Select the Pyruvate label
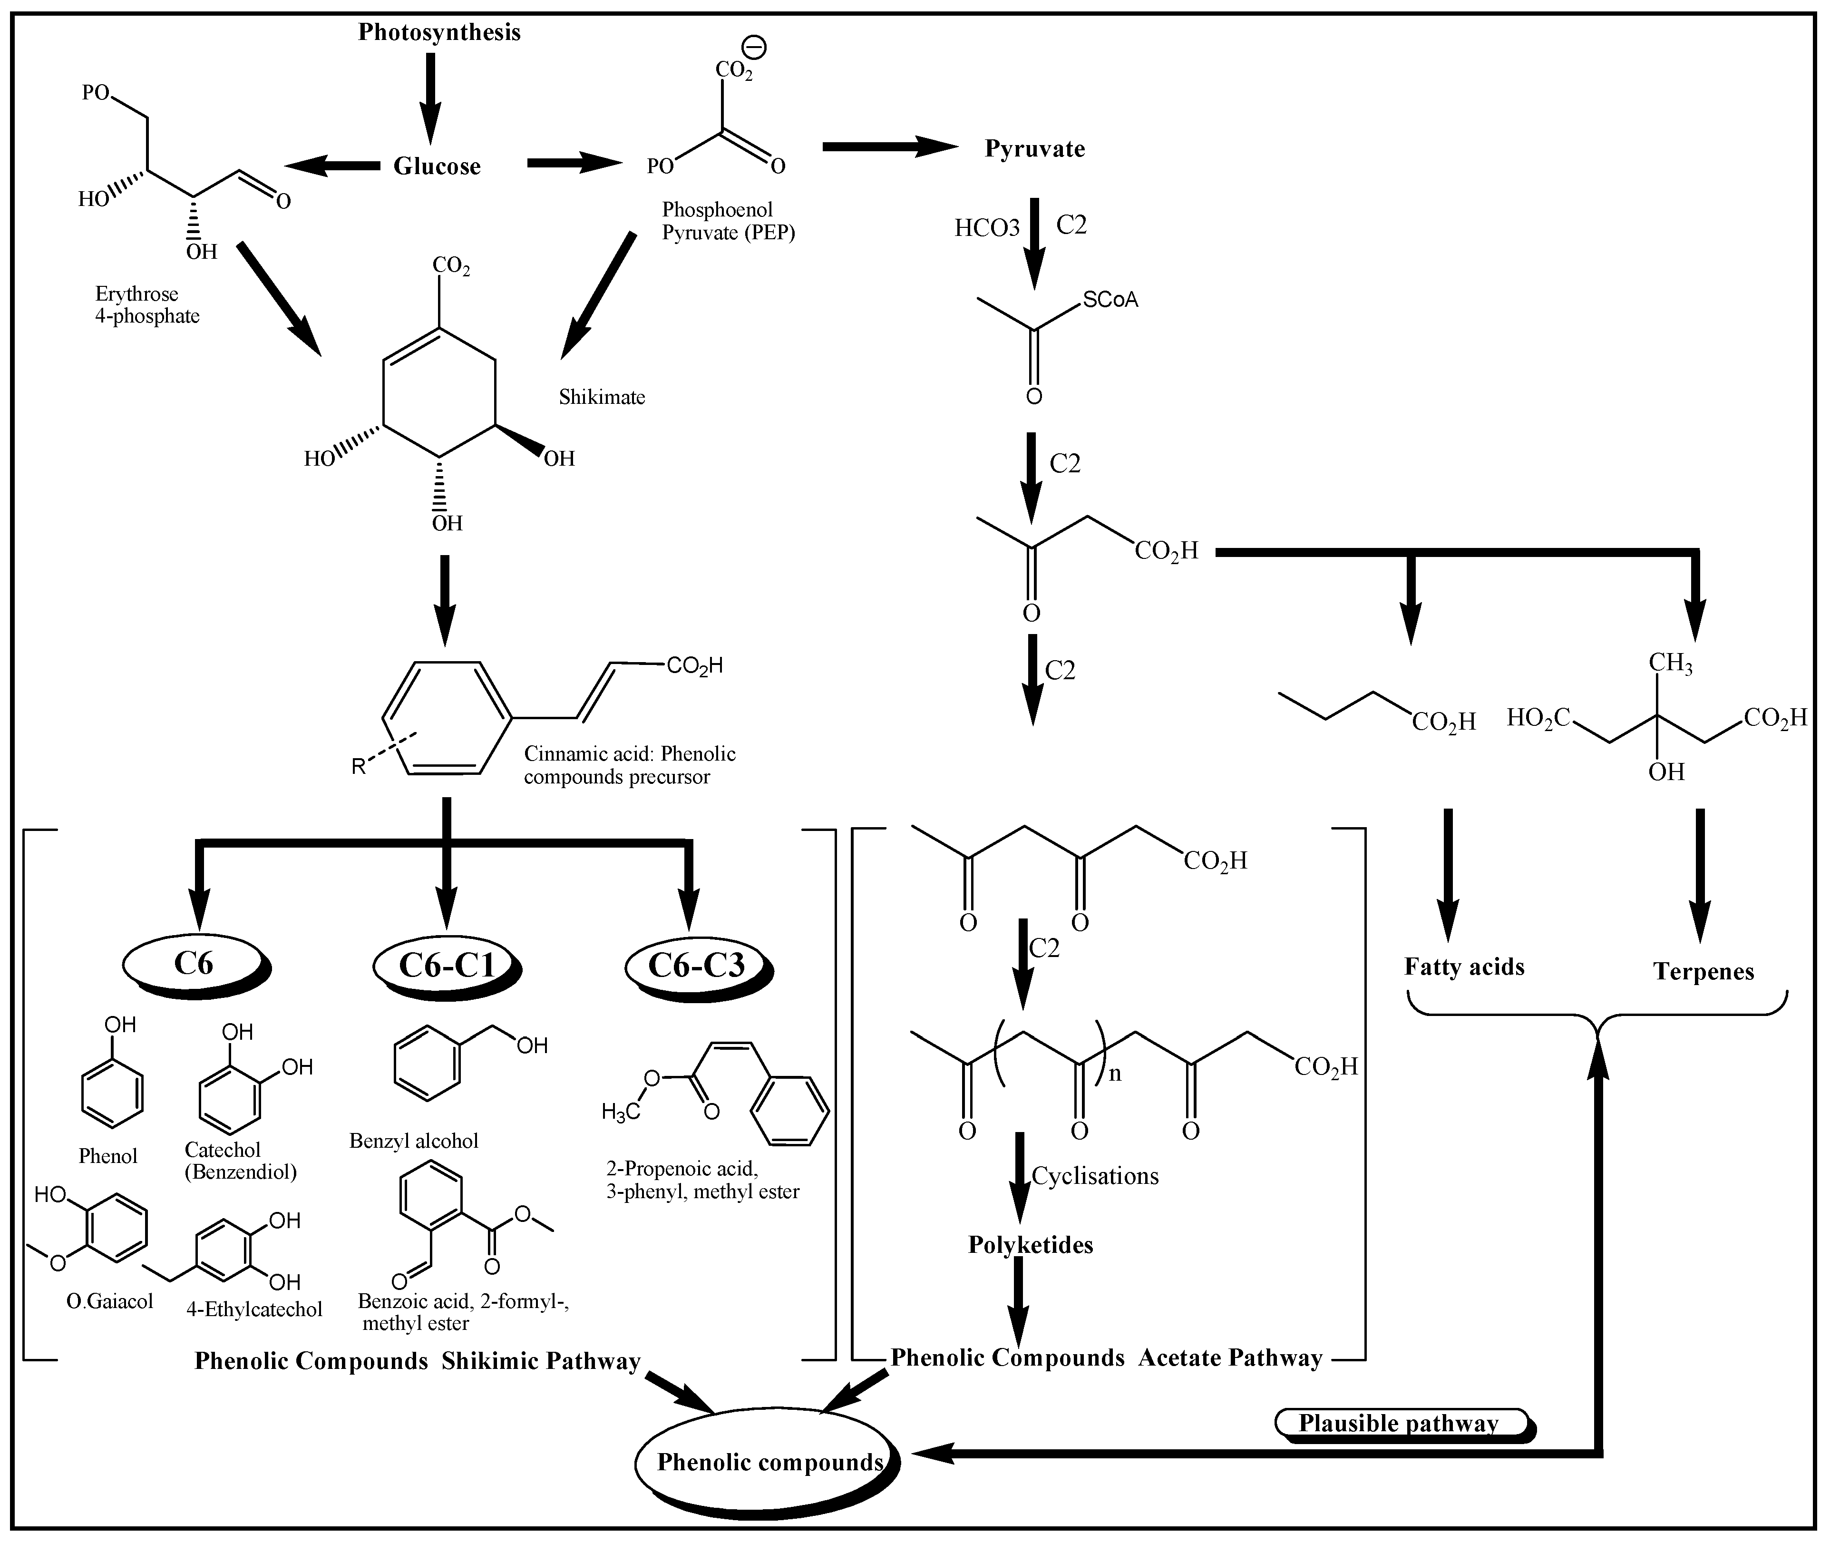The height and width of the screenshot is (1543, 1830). coord(1034,149)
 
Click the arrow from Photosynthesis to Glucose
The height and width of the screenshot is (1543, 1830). coord(430,96)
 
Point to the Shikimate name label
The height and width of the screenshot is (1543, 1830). coord(602,397)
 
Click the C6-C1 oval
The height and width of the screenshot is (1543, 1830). coord(446,965)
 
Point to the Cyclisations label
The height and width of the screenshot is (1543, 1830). coord(1095,1176)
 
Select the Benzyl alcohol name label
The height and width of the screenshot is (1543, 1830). coord(414,1141)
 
